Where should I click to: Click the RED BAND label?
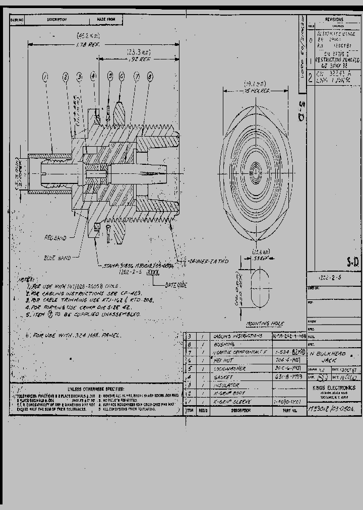tap(54, 237)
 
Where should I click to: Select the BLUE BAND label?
tap(57, 258)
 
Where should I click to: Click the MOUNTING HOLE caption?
tap(265, 324)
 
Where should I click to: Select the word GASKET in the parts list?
tap(223, 377)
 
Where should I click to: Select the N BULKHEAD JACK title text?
tap(330, 358)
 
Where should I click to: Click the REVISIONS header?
tap(334, 19)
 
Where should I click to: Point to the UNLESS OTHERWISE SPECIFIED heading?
tap(95, 389)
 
